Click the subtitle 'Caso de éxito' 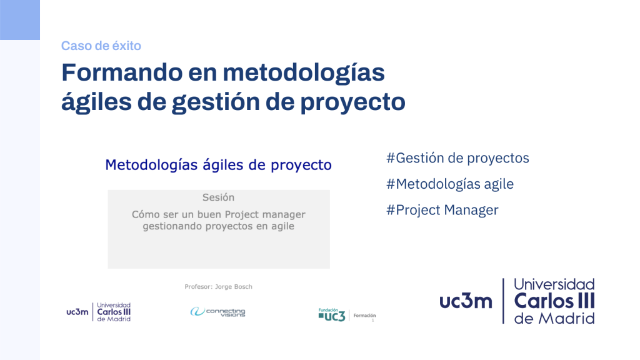[x=101, y=46]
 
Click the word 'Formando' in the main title [x=122, y=72]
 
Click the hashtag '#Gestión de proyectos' [x=457, y=158]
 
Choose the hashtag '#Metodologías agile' [x=450, y=184]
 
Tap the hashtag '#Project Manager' [x=442, y=210]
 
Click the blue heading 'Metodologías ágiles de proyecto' [x=218, y=165]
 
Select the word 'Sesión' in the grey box [x=218, y=197]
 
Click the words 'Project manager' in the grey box [x=265, y=215]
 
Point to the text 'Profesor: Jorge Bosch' [x=218, y=286]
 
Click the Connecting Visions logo [x=217, y=312]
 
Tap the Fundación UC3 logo [x=332, y=315]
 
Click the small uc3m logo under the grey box [x=98, y=312]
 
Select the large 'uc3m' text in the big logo [x=466, y=301]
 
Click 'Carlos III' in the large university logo [x=554, y=302]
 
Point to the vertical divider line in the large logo [x=503, y=301]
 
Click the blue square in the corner [x=20, y=20]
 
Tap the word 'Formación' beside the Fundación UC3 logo [x=364, y=316]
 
